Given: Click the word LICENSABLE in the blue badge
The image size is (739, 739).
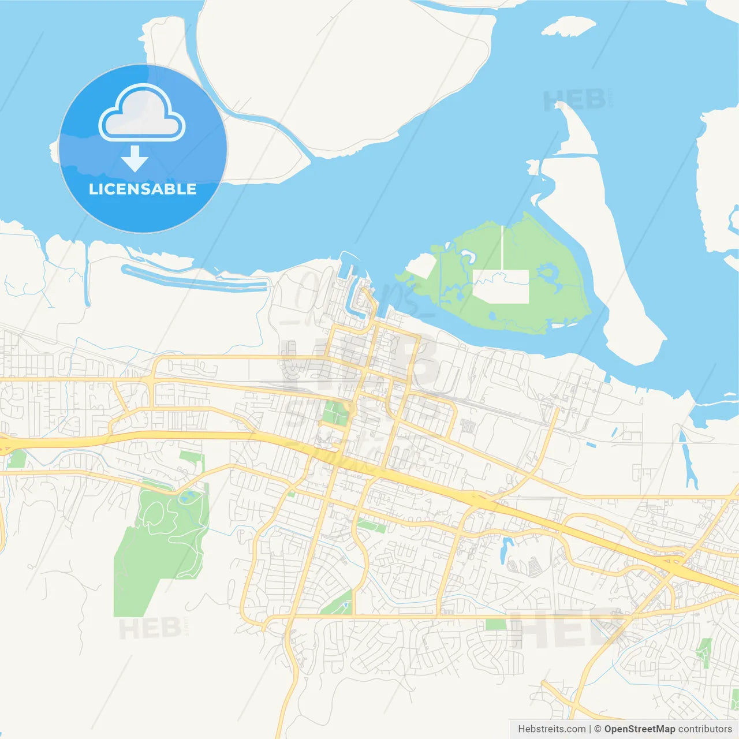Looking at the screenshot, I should point(143,189).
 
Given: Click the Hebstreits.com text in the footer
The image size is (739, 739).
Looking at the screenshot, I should point(551,729).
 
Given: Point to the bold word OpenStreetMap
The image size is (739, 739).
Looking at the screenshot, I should point(639,729).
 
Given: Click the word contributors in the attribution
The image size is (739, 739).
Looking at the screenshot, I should point(705,729).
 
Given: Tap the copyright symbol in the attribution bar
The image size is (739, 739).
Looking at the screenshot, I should point(598,729).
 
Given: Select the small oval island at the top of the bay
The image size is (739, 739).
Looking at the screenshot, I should point(568,26).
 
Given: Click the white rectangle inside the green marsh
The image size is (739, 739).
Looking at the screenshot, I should point(501,286).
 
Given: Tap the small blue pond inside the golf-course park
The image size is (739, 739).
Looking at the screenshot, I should point(186,497).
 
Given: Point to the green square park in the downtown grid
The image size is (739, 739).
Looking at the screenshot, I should point(335,413).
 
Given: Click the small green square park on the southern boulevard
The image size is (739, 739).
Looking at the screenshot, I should point(495,624).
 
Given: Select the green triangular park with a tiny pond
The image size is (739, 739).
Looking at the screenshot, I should point(337,604).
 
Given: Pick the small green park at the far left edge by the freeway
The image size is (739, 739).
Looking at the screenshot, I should point(17,459).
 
